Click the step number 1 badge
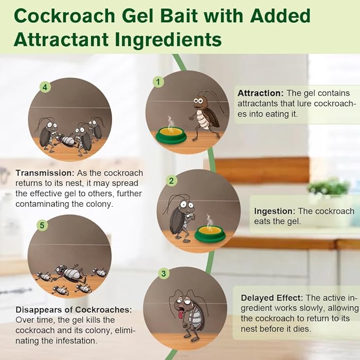(157, 82)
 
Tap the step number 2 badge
(171, 181)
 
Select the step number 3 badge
(164, 274)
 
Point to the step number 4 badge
(46, 86)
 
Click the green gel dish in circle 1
(171, 136)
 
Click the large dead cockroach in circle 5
(69, 274)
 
